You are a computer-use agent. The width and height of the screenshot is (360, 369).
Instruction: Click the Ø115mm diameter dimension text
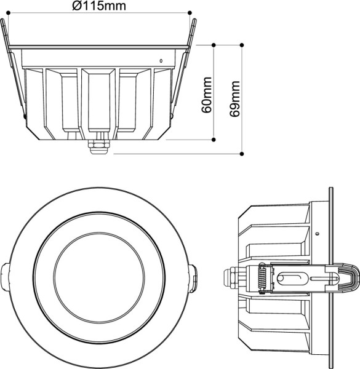pos(98,6)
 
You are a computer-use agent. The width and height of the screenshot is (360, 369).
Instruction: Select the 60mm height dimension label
pos(207,95)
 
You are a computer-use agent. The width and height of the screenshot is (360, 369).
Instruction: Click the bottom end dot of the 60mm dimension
pos(214,140)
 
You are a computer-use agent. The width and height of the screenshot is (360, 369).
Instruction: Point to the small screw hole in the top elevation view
pos(161,61)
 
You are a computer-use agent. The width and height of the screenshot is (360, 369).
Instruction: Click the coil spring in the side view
pos(261,280)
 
